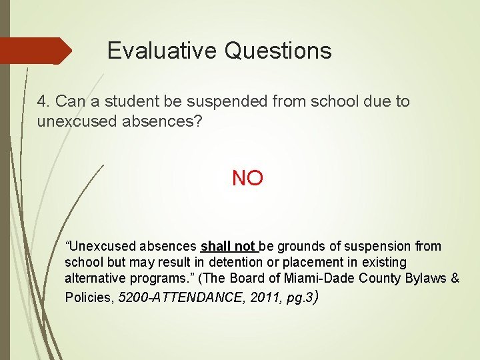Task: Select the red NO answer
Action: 247,178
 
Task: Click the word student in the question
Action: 135,101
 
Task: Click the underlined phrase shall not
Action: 229,246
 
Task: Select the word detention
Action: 234,262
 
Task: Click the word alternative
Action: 95,279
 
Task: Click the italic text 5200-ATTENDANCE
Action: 179,297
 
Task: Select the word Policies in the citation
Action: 89,297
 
